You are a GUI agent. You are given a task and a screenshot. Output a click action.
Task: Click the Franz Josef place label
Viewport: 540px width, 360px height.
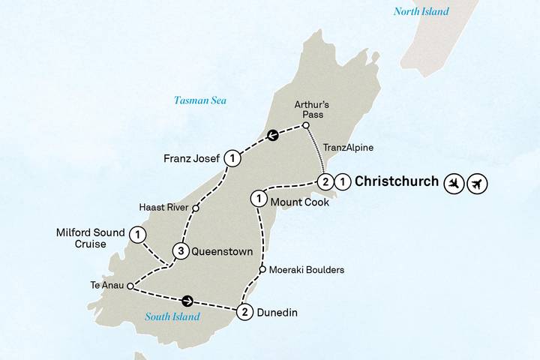click(192, 158)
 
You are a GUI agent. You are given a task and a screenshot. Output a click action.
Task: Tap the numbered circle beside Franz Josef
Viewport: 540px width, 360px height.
click(233, 158)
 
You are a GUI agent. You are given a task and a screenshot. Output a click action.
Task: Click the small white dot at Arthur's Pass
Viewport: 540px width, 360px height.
click(306, 126)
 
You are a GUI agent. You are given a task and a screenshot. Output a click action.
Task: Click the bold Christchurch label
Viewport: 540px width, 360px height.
click(396, 181)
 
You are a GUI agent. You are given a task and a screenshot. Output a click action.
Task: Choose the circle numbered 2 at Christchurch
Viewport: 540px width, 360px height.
click(325, 181)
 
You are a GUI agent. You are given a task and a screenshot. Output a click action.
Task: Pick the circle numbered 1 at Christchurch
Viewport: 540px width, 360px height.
click(342, 181)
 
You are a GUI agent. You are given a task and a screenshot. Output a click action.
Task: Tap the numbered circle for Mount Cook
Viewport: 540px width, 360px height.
click(258, 199)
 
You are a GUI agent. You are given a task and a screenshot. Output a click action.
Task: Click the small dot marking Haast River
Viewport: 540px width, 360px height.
click(195, 208)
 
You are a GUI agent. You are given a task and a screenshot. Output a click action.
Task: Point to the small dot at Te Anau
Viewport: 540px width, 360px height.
click(130, 286)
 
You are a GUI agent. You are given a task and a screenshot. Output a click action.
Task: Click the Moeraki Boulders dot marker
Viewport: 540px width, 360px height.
click(262, 270)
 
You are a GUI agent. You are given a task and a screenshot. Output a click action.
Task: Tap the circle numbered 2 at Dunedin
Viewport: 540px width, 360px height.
click(244, 313)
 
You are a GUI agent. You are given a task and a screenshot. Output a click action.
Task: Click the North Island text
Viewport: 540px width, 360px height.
click(421, 11)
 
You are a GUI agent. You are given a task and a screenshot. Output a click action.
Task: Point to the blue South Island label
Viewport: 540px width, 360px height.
click(172, 316)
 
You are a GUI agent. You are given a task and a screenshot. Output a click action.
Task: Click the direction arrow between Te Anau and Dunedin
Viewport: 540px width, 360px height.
click(187, 301)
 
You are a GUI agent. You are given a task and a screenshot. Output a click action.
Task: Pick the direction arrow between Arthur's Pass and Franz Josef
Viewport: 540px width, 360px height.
click(273, 136)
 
